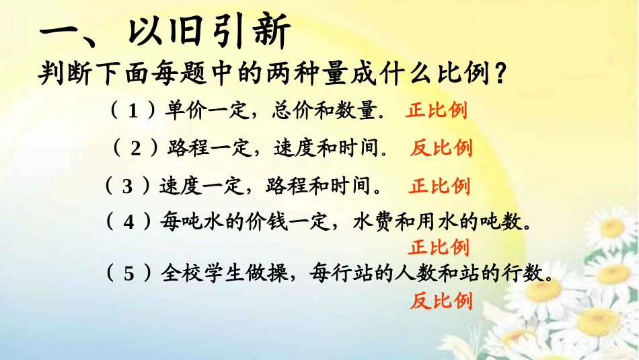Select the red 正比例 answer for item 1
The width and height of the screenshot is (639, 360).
point(437,111)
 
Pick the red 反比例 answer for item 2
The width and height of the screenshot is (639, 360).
point(441,148)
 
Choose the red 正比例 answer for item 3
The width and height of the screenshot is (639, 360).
point(439,186)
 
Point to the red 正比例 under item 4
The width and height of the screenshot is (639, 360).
point(439,247)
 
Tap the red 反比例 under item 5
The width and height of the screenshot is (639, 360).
point(441,300)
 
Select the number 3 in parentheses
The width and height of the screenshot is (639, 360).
point(127,186)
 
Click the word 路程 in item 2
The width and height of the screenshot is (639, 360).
point(186,148)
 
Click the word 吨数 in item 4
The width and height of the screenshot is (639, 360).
point(511,221)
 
